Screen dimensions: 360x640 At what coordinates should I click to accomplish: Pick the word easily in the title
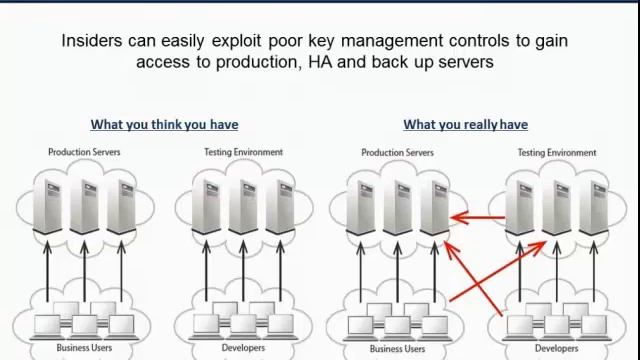pos(181,41)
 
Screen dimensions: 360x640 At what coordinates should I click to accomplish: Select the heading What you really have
pos(465,125)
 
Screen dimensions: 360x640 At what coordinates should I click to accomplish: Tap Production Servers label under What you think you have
pos(84,152)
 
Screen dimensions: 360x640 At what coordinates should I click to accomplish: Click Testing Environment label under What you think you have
pos(243,152)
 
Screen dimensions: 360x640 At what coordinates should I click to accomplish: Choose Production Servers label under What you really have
pos(397,153)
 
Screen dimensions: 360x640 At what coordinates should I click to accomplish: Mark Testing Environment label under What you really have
pos(556,153)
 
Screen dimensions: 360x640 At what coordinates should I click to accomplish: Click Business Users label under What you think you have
pos(84,348)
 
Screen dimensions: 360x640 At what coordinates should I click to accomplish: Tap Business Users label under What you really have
pos(397,349)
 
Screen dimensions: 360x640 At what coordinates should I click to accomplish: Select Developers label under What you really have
pos(555,349)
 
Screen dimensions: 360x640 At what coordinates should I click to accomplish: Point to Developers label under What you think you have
pos(242,348)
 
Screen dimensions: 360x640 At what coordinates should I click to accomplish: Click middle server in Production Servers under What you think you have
pos(84,205)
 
